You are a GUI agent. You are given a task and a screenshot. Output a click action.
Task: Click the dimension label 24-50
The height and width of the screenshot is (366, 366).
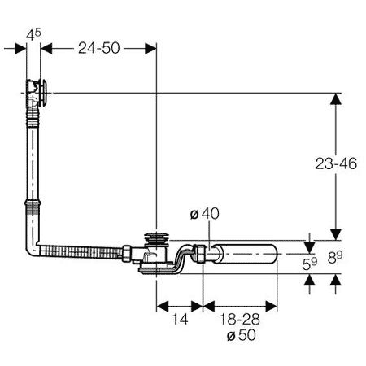[x=99, y=48]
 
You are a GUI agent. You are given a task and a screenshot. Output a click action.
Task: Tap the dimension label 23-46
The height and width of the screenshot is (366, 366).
[x=336, y=163]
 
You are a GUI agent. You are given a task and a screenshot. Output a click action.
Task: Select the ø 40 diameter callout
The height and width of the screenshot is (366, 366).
[x=205, y=214]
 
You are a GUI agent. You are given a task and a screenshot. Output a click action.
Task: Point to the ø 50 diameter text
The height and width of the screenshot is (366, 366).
[x=242, y=335]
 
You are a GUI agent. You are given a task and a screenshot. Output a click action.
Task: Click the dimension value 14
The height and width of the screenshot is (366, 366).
[x=180, y=320]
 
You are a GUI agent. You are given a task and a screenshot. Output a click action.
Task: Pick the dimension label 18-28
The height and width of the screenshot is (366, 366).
[x=240, y=320]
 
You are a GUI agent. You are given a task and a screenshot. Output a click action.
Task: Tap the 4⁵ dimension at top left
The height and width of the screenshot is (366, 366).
[x=33, y=34]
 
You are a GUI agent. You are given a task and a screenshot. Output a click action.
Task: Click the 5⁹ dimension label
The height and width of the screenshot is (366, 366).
[x=310, y=264]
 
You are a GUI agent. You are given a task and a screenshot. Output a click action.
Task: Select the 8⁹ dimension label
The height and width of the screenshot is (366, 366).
[x=335, y=257]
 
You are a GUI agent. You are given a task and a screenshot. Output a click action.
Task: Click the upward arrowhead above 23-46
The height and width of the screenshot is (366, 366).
[x=336, y=98]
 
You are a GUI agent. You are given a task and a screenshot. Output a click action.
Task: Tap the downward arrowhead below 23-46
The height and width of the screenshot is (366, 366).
[x=336, y=234]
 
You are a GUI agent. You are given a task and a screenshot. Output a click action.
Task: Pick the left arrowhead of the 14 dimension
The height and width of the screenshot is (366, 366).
[x=162, y=307]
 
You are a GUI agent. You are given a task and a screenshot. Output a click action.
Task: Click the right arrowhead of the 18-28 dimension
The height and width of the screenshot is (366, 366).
[x=272, y=307]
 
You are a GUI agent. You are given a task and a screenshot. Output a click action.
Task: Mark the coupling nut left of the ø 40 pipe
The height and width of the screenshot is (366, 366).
[x=199, y=254]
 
